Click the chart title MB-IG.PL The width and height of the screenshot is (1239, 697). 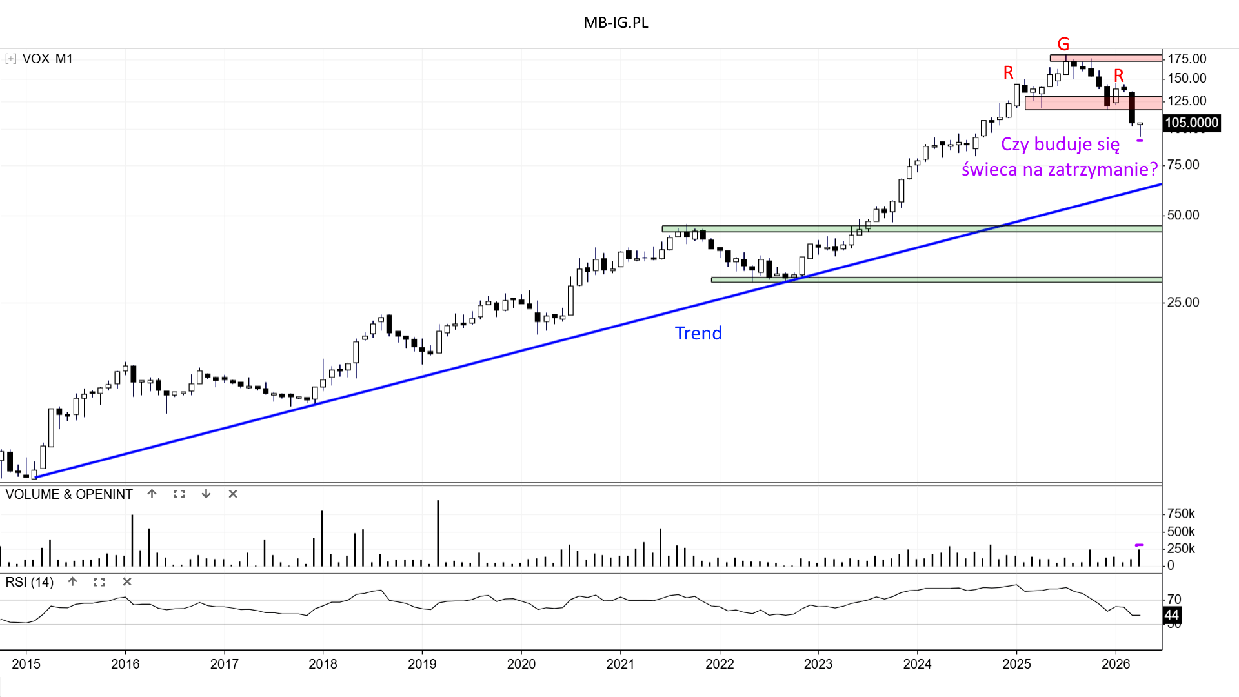coord(616,23)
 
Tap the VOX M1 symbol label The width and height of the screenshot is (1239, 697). coord(47,59)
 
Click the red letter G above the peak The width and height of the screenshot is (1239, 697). coord(1063,44)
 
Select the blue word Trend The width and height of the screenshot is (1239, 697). coord(698,333)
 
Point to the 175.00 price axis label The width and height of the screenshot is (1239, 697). coord(1187,59)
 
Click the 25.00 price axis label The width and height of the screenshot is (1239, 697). coord(1183,302)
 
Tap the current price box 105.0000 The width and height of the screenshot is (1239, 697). coord(1191,123)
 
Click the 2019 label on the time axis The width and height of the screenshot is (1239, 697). coord(422,663)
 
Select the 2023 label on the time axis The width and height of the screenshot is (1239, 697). coord(818,663)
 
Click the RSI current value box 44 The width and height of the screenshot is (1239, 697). coord(1172,615)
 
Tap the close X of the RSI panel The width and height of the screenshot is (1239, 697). coord(127,581)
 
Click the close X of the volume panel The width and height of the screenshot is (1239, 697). coord(233,494)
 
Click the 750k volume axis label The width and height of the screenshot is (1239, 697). coord(1181,514)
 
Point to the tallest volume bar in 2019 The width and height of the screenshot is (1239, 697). coord(438,533)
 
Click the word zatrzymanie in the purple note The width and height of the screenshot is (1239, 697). coord(1103,169)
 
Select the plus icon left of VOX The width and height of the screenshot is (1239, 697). coord(10,59)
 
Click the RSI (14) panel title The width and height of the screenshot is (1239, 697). coord(30,582)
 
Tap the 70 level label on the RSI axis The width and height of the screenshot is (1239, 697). coord(1174,600)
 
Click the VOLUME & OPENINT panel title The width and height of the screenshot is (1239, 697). coord(69,494)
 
